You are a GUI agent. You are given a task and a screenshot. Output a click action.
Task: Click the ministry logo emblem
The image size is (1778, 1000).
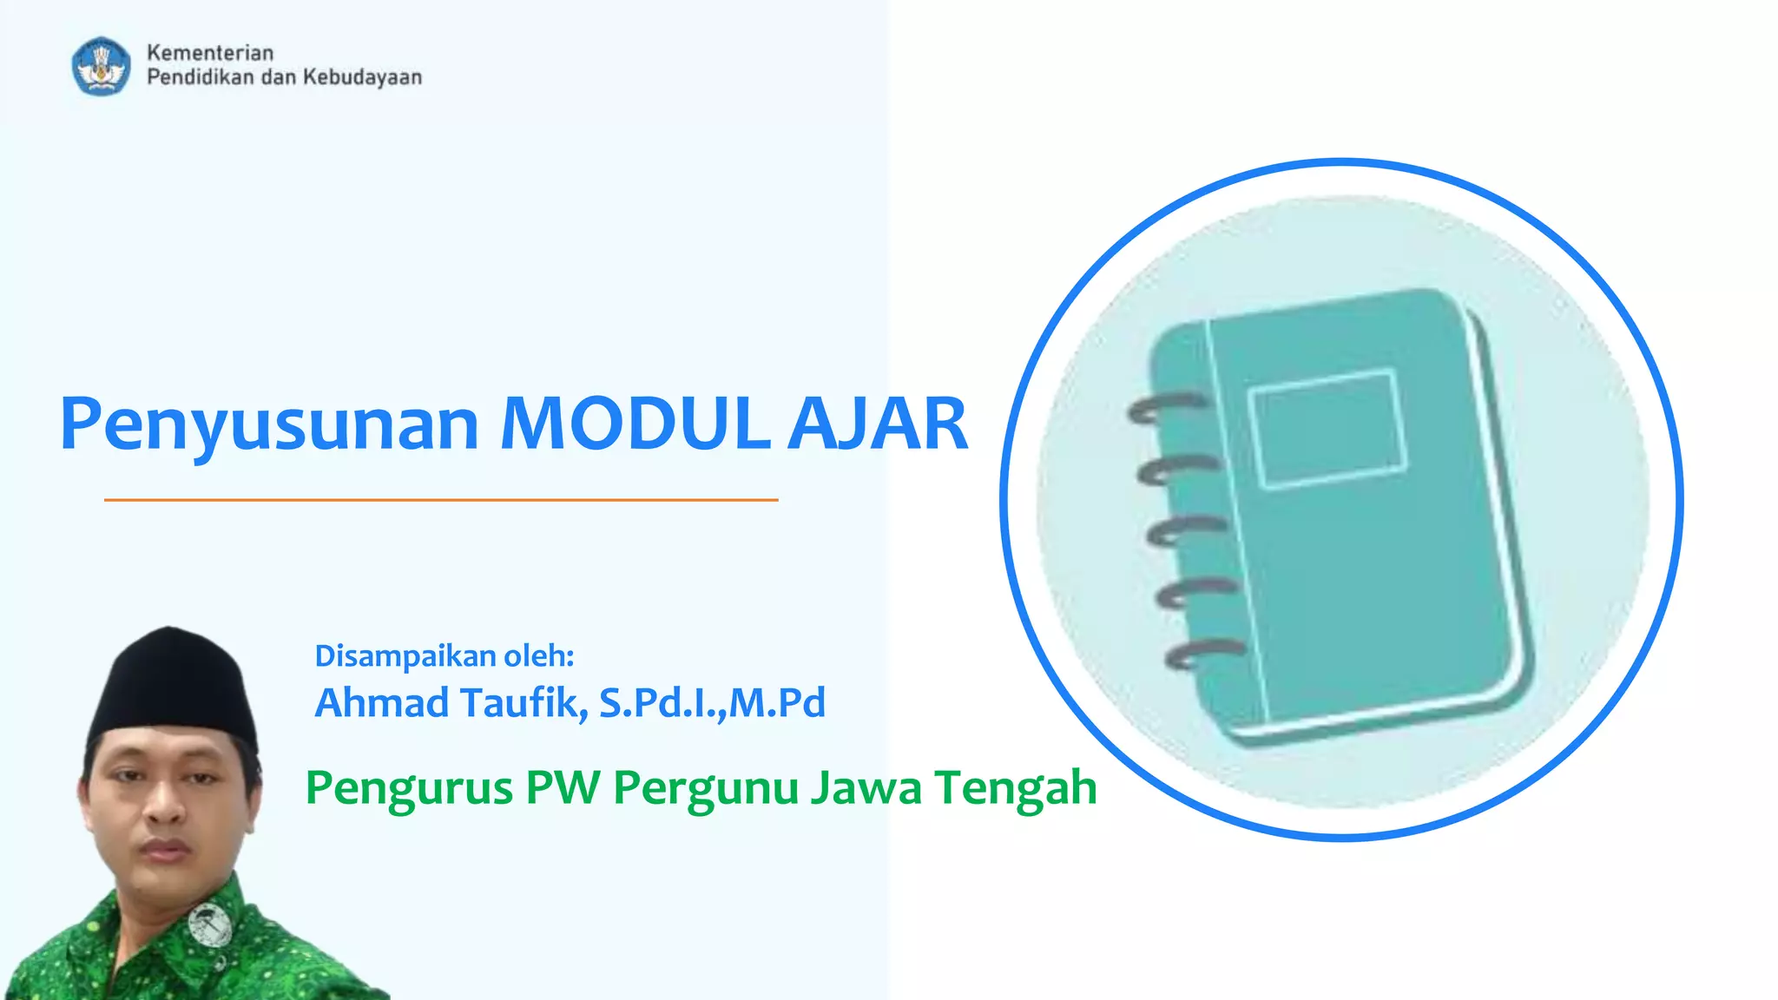coord(102,66)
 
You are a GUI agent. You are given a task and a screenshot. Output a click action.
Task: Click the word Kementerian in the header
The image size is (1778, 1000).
coord(210,53)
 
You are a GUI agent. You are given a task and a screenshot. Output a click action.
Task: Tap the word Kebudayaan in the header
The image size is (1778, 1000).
coord(362,77)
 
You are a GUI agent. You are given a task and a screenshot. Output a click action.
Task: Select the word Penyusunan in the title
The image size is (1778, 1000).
coord(269,425)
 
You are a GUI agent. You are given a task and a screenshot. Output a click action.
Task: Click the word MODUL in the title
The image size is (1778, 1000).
coord(635,424)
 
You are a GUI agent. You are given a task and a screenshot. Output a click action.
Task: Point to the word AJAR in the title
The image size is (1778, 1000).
coord(878,424)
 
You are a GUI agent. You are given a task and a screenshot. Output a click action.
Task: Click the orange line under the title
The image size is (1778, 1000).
coord(441,500)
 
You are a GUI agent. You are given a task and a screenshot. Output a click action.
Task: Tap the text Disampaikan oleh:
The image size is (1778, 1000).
coord(444,656)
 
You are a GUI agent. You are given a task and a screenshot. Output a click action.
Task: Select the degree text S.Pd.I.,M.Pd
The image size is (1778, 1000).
coord(712,702)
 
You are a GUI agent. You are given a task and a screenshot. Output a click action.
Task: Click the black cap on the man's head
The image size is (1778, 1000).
coord(171,686)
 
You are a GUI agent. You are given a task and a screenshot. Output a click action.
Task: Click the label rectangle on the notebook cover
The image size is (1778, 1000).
coord(1327,429)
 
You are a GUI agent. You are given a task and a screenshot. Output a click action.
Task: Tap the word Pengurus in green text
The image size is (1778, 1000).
coord(409,788)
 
